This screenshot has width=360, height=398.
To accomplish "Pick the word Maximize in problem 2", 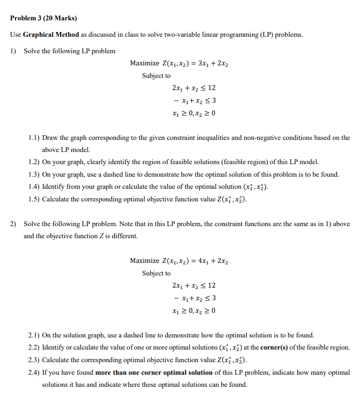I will (144, 261).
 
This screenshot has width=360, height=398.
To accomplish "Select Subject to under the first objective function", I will (156, 76).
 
